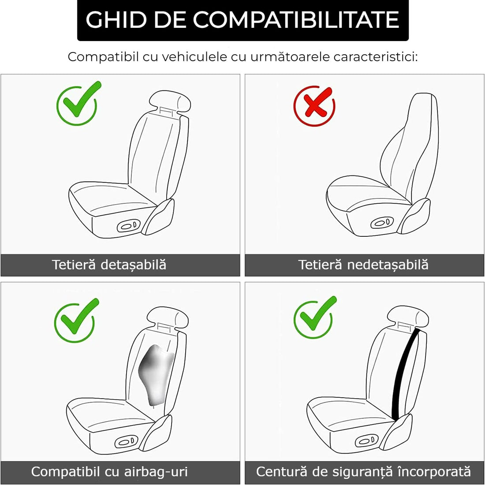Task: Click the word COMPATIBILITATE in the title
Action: coord(296,20)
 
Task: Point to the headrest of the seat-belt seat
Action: coord(408,316)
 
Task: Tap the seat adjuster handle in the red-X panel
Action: coord(382,223)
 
